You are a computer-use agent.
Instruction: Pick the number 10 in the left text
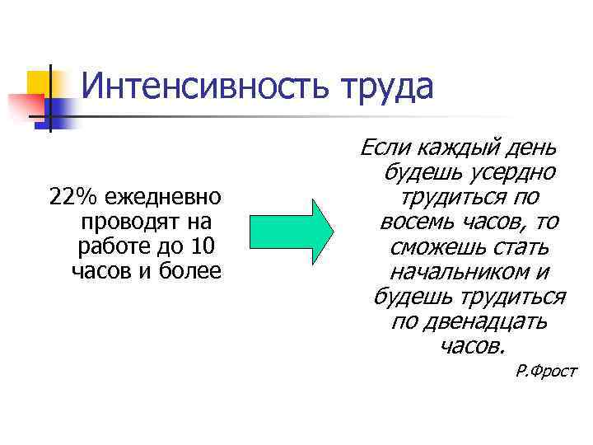click(200, 246)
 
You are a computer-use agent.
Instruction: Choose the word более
click(193, 269)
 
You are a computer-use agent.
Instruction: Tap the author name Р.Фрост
click(546, 371)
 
